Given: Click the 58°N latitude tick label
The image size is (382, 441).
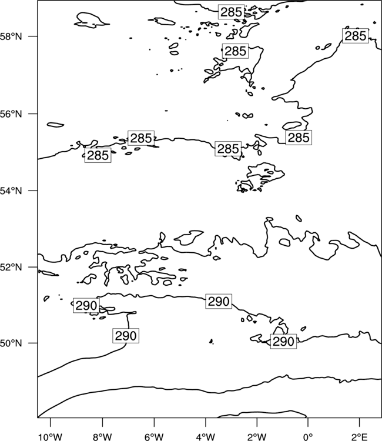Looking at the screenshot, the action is pyautogui.click(x=11, y=36).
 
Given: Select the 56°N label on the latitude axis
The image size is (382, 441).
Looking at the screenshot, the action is pyautogui.click(x=11, y=114).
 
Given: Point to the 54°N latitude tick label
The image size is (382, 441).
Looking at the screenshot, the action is pyautogui.click(x=11, y=191).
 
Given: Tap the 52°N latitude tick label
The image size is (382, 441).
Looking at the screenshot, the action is pyautogui.click(x=11, y=267).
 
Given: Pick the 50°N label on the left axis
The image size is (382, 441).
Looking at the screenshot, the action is pyautogui.click(x=11, y=343).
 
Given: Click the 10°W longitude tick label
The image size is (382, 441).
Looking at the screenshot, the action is pyautogui.click(x=51, y=437).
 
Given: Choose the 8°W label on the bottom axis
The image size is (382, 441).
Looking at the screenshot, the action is pyautogui.click(x=102, y=437).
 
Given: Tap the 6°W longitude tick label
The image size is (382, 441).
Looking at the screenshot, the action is pyautogui.click(x=154, y=437).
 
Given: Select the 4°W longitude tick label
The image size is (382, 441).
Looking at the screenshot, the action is pyautogui.click(x=206, y=437).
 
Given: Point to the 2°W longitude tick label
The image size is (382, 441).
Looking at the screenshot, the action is pyautogui.click(x=257, y=437).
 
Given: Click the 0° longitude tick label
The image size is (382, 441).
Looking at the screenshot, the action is pyautogui.click(x=308, y=437).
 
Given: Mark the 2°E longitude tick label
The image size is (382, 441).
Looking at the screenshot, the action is pyautogui.click(x=360, y=437).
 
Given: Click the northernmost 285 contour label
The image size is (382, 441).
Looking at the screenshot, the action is pyautogui.click(x=231, y=12).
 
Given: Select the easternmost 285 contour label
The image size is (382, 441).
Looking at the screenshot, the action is pyautogui.click(x=356, y=36).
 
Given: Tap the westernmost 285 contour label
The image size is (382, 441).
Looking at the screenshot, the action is pyautogui.click(x=98, y=155).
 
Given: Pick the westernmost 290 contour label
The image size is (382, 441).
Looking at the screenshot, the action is pyautogui.click(x=86, y=305).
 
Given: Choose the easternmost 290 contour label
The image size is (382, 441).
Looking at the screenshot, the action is pyautogui.click(x=283, y=342).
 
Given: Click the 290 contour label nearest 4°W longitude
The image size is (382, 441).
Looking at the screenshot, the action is pyautogui.click(x=219, y=302).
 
